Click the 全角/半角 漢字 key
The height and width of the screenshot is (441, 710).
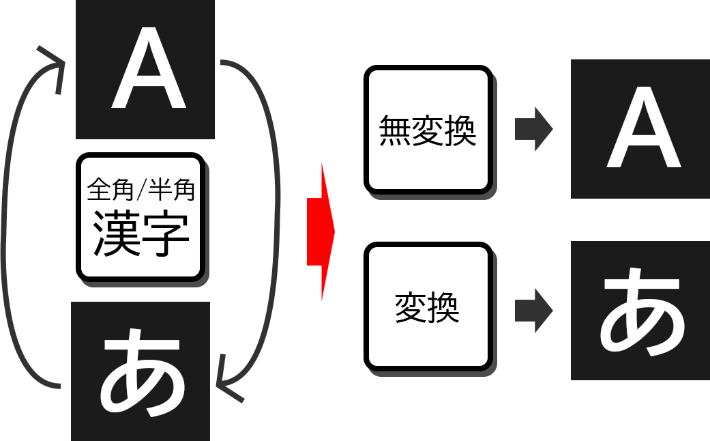[140, 216]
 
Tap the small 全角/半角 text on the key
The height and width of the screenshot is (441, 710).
[141, 190]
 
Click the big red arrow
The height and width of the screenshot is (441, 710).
[320, 231]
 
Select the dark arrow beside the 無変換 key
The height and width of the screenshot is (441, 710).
[533, 128]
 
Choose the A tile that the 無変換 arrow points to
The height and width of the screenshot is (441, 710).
[640, 128]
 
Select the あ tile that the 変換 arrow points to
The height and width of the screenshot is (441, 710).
[640, 311]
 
